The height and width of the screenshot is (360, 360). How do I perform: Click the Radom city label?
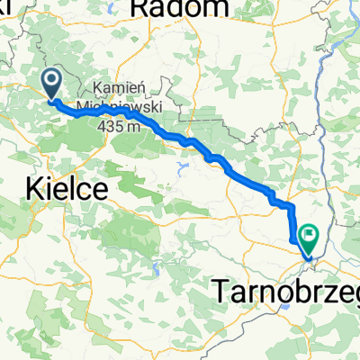pyautogui.click(x=179, y=8)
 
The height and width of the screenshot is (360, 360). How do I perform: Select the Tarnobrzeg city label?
pyautogui.click(x=287, y=289)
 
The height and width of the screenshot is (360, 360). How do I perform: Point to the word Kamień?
pyautogui.click(x=116, y=91)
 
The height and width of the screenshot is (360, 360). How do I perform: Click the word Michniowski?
pyautogui.click(x=118, y=105)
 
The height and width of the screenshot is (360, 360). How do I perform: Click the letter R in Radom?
pyautogui.click(x=140, y=8)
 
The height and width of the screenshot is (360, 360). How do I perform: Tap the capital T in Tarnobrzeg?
pyautogui.click(x=221, y=289)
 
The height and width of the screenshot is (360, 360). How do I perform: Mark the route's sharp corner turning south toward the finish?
pyautogui.click(x=292, y=205)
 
